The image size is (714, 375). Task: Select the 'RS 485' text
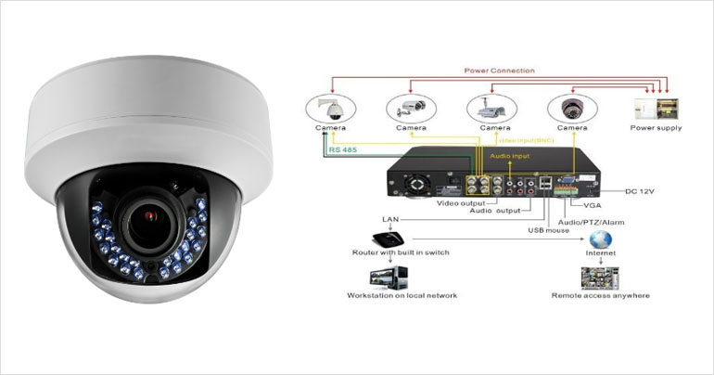[342, 149]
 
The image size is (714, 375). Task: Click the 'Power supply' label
[656, 128]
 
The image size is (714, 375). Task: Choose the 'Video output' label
[459, 200]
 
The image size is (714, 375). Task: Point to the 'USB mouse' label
[548, 229]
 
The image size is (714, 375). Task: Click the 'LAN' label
[390, 220]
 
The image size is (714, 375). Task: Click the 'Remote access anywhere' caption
[601, 295]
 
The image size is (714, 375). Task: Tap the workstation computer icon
[388, 277]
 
